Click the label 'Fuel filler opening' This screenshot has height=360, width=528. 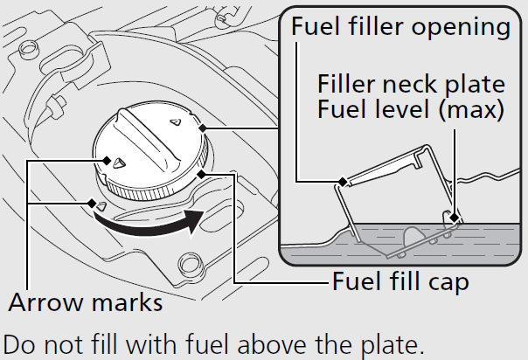(401, 26)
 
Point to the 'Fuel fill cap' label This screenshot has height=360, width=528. (400, 283)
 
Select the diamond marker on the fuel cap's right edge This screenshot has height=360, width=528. (203, 131)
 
